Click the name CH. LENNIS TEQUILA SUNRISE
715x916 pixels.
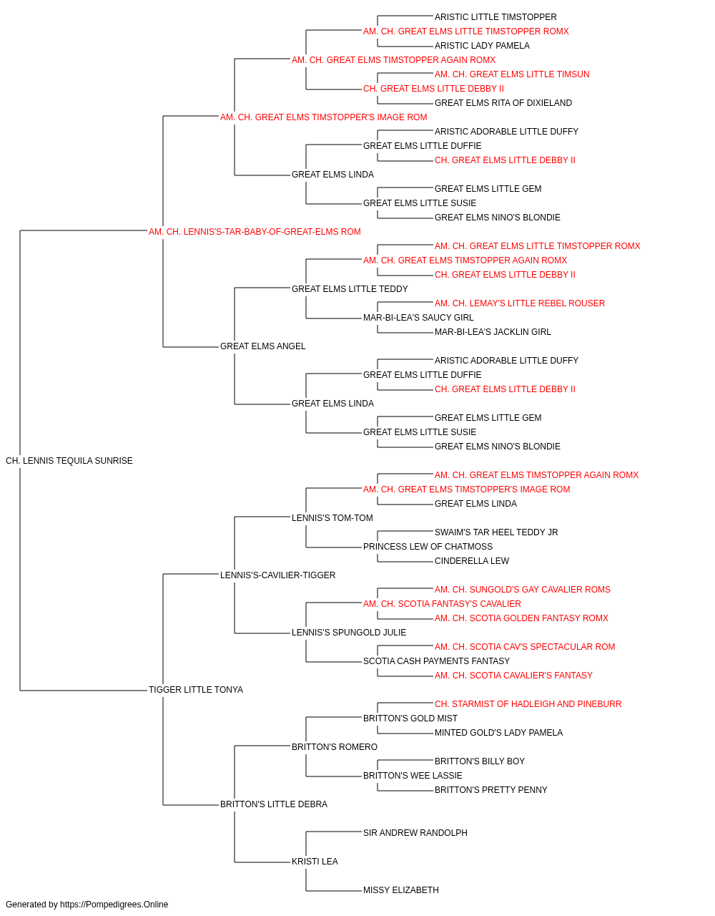[69, 461]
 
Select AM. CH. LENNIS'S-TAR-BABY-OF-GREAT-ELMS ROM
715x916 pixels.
[255, 232]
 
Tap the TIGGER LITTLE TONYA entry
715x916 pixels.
[196, 690]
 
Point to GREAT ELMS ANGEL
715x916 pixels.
[262, 346]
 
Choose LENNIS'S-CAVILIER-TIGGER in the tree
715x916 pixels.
[278, 575]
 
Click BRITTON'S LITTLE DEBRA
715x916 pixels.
[274, 804]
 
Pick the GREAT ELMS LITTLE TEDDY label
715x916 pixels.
[350, 288]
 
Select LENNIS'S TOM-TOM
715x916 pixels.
[332, 517]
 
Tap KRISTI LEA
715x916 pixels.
[315, 861]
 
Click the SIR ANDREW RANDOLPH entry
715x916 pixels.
[415, 833]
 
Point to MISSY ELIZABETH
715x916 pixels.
[401, 890]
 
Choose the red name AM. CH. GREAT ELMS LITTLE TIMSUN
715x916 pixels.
[512, 74]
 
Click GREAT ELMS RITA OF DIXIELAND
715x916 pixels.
[503, 103]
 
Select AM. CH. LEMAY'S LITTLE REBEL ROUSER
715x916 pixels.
[520, 303]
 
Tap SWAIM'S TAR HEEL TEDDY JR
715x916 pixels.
[496, 532]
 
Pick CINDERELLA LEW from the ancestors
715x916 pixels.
[472, 560]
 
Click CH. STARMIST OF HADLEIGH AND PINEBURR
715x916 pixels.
[528, 704]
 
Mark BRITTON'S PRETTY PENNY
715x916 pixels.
[491, 790]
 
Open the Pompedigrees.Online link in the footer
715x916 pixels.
[114, 905]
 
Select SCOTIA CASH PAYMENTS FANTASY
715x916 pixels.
[436, 661]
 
